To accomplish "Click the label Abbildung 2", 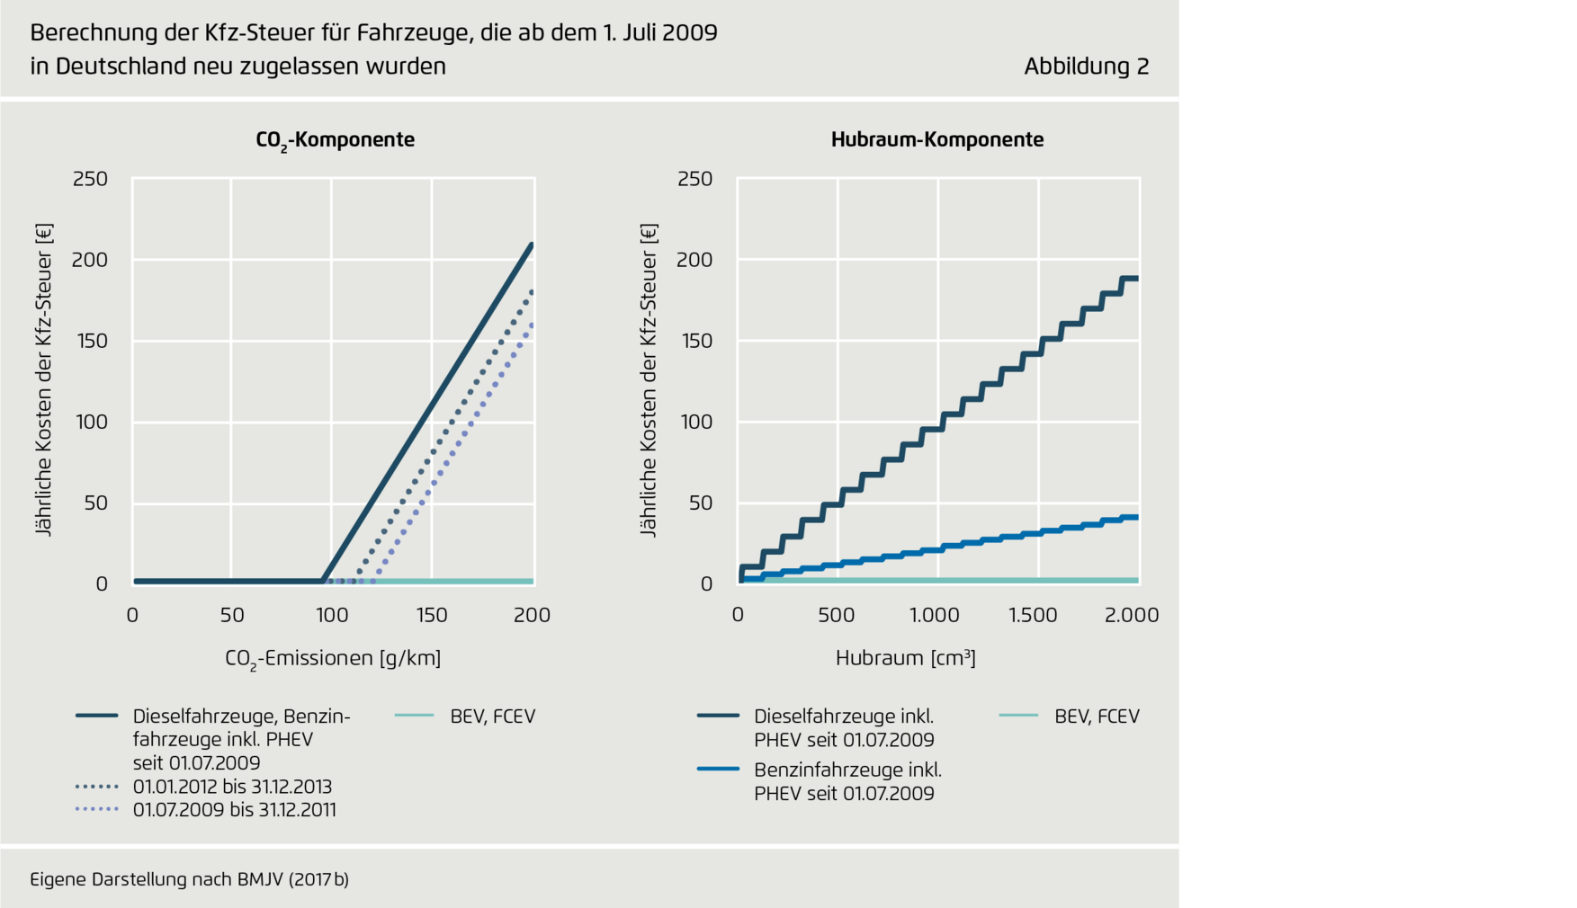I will click(1086, 67).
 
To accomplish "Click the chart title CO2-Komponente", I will click(335, 140).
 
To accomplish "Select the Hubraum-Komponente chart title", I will click(936, 139).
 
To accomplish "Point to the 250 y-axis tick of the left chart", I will click(90, 179).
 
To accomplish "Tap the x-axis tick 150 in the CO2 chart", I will click(432, 615).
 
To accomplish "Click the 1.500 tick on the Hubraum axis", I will click(1033, 615).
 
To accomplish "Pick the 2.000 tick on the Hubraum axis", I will click(1132, 615).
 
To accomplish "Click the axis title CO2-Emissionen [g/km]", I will click(333, 658).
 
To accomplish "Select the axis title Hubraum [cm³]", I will click(905, 657).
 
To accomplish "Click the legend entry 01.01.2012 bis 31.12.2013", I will click(232, 787).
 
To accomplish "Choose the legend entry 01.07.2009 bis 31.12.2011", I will click(234, 810).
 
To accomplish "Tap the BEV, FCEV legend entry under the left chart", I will click(492, 717).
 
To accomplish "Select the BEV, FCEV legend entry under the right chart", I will click(1097, 717).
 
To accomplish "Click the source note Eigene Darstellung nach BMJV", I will click(189, 879).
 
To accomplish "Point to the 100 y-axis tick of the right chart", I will click(696, 422).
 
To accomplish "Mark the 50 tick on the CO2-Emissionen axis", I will click(232, 615).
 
